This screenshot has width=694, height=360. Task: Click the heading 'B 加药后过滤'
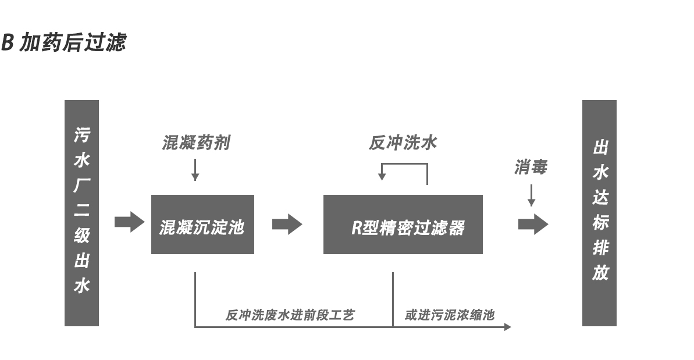[x=63, y=43]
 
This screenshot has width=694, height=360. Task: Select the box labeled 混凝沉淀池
[x=202, y=224]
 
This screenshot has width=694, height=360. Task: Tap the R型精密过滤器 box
[x=403, y=224]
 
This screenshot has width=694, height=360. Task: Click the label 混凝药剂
[x=195, y=142]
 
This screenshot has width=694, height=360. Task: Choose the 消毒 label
[x=530, y=167]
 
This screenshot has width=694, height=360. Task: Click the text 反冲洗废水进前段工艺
[x=290, y=315]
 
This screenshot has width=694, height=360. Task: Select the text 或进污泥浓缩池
[x=449, y=315]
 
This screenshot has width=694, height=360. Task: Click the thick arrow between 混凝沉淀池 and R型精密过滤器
[x=287, y=224]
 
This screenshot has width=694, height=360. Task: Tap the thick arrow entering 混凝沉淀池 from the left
[x=129, y=222]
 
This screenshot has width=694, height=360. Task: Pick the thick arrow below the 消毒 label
[x=533, y=224]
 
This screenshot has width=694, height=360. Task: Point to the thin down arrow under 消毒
[x=531, y=195]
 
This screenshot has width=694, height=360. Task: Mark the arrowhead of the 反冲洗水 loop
[x=382, y=176]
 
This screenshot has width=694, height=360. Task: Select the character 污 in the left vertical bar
[x=81, y=135]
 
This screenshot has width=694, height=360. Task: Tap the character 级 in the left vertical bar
[x=81, y=236]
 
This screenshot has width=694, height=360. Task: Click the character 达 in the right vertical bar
[x=600, y=198]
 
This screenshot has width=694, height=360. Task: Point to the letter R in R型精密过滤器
[x=357, y=227]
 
